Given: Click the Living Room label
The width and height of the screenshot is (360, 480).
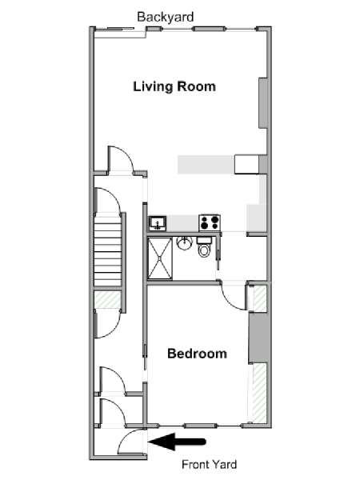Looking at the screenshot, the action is point(174,86).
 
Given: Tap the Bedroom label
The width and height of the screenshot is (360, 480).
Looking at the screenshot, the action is point(197,354).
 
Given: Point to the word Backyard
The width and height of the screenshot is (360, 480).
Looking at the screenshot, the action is point(166,17).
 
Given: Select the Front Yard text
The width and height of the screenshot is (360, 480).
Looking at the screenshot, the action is point(209,464).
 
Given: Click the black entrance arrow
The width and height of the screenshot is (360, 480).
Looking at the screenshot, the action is point(177,442).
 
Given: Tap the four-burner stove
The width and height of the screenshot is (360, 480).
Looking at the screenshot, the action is point(210,222).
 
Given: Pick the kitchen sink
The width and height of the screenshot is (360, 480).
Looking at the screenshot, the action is point(158,223).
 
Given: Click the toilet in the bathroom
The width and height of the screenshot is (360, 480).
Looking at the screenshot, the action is point(204,247).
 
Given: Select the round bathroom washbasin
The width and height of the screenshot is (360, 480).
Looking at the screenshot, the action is point(184,243).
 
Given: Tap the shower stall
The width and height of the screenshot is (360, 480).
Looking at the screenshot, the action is point(160,258).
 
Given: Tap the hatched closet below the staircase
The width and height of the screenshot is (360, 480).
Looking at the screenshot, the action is point(107,300).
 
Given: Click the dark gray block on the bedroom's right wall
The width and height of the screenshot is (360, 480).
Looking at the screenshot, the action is point(258,338).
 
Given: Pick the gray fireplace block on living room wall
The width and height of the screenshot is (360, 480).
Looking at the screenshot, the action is point(263,103).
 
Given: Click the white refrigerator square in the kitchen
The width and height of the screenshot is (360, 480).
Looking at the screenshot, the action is point(247,165).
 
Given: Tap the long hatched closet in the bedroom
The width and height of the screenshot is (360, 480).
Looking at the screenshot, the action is point(259,393).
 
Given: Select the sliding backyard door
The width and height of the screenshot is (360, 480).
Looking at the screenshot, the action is point(120,30).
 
